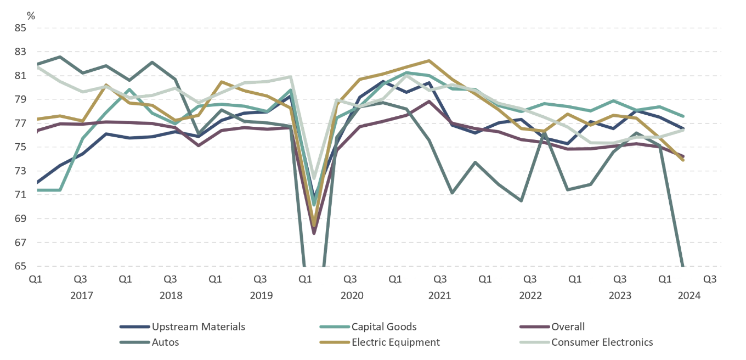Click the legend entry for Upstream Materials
click(198, 327)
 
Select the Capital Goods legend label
click(384, 327)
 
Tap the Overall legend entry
click(568, 327)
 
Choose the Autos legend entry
click(165, 342)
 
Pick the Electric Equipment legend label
click(395, 342)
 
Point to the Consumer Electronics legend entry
click(602, 342)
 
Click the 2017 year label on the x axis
click(81, 296)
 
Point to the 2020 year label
click(352, 296)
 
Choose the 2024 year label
click(689, 296)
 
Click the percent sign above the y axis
click(31, 16)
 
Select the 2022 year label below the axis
click(530, 296)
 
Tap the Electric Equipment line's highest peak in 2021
click(429, 60)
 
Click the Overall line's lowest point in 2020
click(314, 233)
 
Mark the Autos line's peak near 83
click(60, 57)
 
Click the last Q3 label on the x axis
click(710, 279)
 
